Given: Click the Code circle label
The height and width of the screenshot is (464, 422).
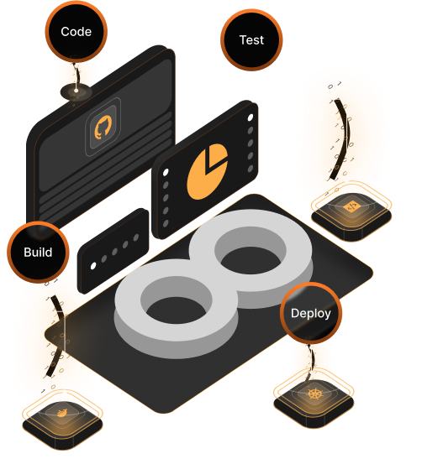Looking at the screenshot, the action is click(76, 32).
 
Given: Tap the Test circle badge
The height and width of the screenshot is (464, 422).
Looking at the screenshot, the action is click(251, 40).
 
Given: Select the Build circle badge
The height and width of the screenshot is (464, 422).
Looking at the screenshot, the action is click(39, 252).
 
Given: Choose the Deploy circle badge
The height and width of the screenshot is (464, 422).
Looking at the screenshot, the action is click(311, 313).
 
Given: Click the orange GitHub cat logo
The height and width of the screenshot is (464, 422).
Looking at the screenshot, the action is click(103, 128).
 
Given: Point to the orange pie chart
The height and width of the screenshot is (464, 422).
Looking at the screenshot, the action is click(208, 171).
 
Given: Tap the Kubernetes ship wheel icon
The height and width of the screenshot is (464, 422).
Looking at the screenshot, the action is click(314, 394).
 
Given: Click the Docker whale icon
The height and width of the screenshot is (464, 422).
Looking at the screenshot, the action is click(62, 413).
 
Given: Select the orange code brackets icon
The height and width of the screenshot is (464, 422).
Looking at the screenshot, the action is click(351, 206).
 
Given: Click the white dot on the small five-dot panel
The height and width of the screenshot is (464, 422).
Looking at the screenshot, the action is click(93, 266).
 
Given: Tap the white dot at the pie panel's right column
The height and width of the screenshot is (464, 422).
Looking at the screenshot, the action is click(251, 117).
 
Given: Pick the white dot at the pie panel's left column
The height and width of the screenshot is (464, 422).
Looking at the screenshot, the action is click(166, 172).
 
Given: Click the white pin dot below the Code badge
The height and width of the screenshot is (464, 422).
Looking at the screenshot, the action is click(76, 91).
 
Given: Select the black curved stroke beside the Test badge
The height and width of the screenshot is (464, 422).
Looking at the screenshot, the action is click(341, 139).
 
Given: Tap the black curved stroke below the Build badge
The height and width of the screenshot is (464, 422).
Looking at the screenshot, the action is click(58, 336).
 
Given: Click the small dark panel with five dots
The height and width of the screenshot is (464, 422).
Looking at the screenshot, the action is click(113, 251).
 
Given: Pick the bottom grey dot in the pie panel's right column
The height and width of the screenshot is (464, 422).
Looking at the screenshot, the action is click(251, 169).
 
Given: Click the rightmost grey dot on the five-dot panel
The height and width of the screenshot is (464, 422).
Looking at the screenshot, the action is click(136, 237).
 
